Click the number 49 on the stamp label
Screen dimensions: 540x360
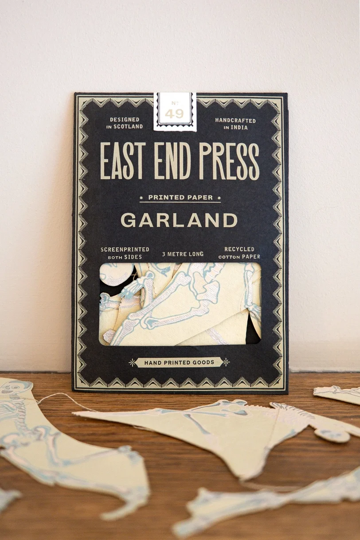(174, 113)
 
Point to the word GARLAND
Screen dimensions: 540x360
(179, 220)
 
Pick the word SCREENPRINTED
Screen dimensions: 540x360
(125, 250)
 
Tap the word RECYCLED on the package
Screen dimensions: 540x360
(239, 249)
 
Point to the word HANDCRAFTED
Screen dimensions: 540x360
(235, 120)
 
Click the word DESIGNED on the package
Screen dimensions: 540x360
(125, 120)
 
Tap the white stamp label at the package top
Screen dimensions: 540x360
(175, 111)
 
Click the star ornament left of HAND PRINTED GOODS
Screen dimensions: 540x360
(132, 362)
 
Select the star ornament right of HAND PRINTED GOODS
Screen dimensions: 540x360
(226, 362)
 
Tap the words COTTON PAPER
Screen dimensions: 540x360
(239, 257)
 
